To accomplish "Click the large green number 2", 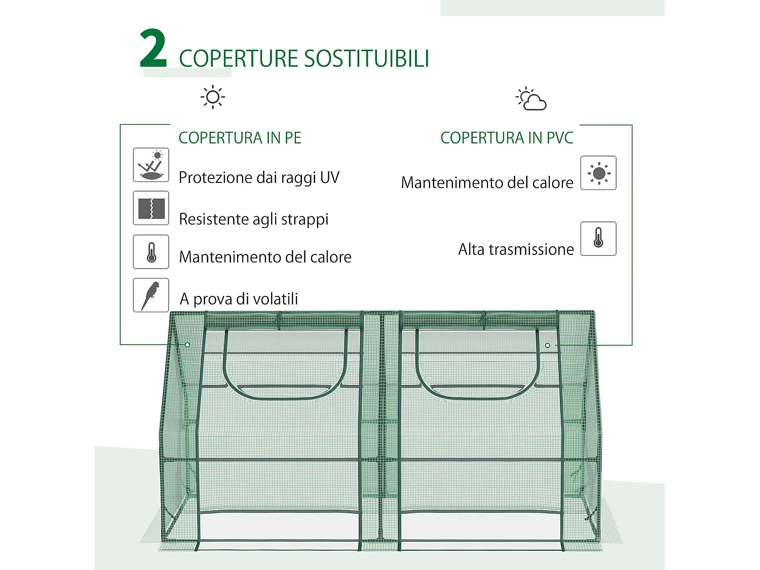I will (x=153, y=49).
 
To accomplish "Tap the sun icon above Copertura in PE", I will (x=213, y=97).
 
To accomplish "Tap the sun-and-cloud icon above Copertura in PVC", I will (x=531, y=99).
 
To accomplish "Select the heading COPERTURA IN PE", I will (x=240, y=138).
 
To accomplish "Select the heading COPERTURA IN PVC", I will (x=507, y=138).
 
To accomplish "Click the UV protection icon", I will (x=151, y=165).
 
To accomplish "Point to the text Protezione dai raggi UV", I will (x=259, y=178).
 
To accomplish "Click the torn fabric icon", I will (x=151, y=208).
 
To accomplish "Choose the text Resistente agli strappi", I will (x=254, y=219).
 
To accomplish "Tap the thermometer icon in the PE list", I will (x=151, y=252).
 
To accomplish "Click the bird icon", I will (x=151, y=295).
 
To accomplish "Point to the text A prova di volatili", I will (x=239, y=299).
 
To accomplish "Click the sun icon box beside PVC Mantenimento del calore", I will (x=598, y=173).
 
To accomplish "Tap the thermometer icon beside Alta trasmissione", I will (x=598, y=239).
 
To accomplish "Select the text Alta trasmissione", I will (x=516, y=249).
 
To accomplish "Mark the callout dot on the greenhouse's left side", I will (x=187, y=345).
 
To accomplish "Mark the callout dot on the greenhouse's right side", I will (x=548, y=346).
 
